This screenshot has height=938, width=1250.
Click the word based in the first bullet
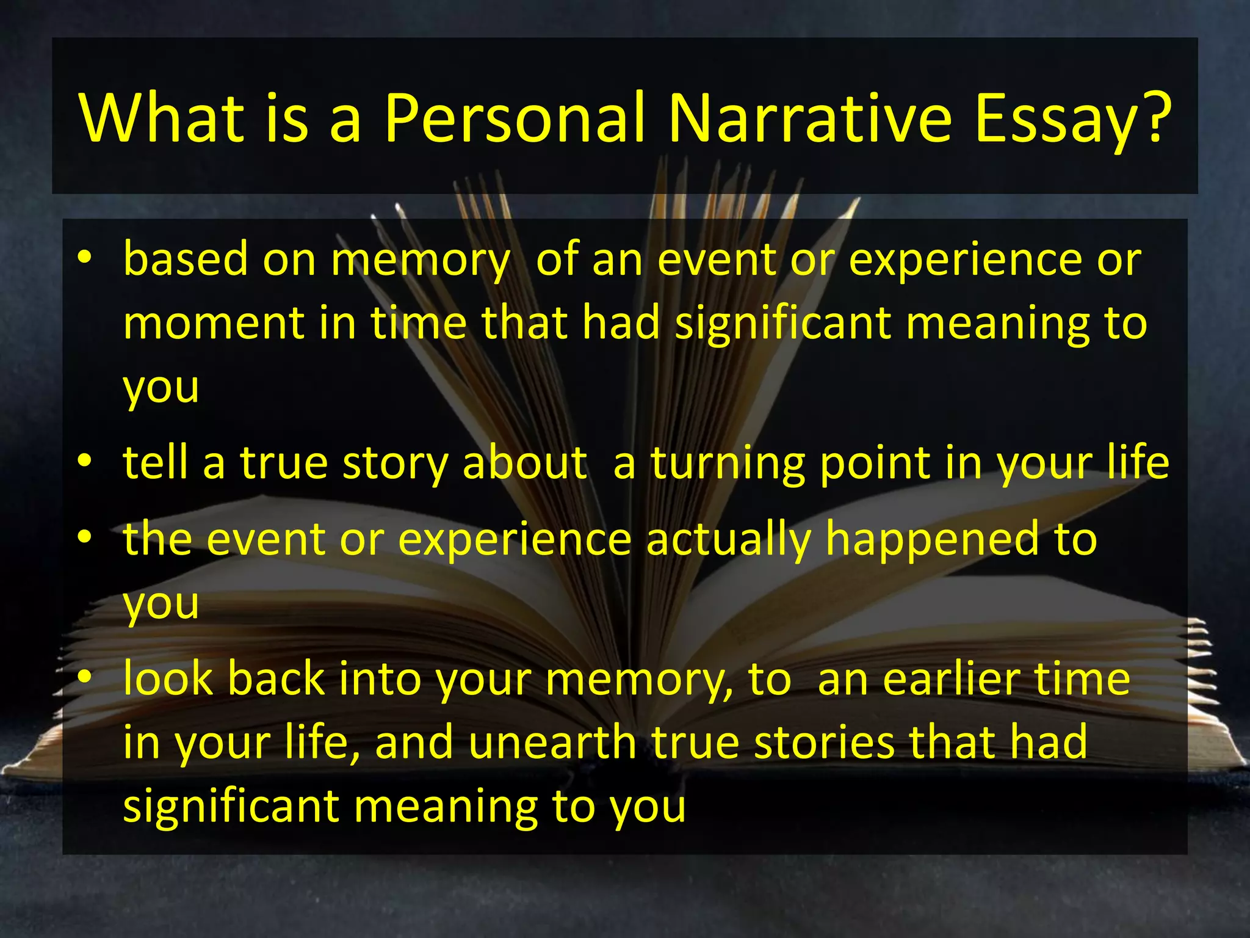(186, 259)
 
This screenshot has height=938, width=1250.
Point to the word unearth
(552, 743)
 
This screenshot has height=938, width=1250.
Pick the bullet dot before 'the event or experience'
(85, 537)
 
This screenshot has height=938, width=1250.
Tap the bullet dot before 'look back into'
(85, 676)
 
